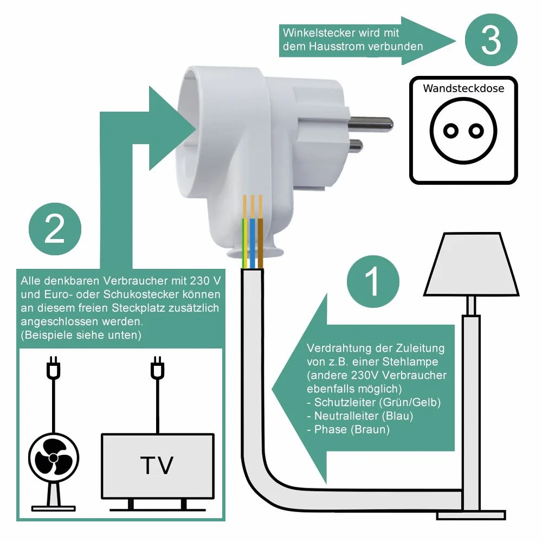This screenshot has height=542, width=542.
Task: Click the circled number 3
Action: coord(491,40)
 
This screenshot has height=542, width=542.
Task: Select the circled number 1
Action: coord(373,281)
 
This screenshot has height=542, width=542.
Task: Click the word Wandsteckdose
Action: coord(463,88)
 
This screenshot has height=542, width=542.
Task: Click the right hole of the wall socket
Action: coord(476,130)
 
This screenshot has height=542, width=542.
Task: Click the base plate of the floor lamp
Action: coord(470,513)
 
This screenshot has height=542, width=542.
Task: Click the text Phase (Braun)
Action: coord(352,430)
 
